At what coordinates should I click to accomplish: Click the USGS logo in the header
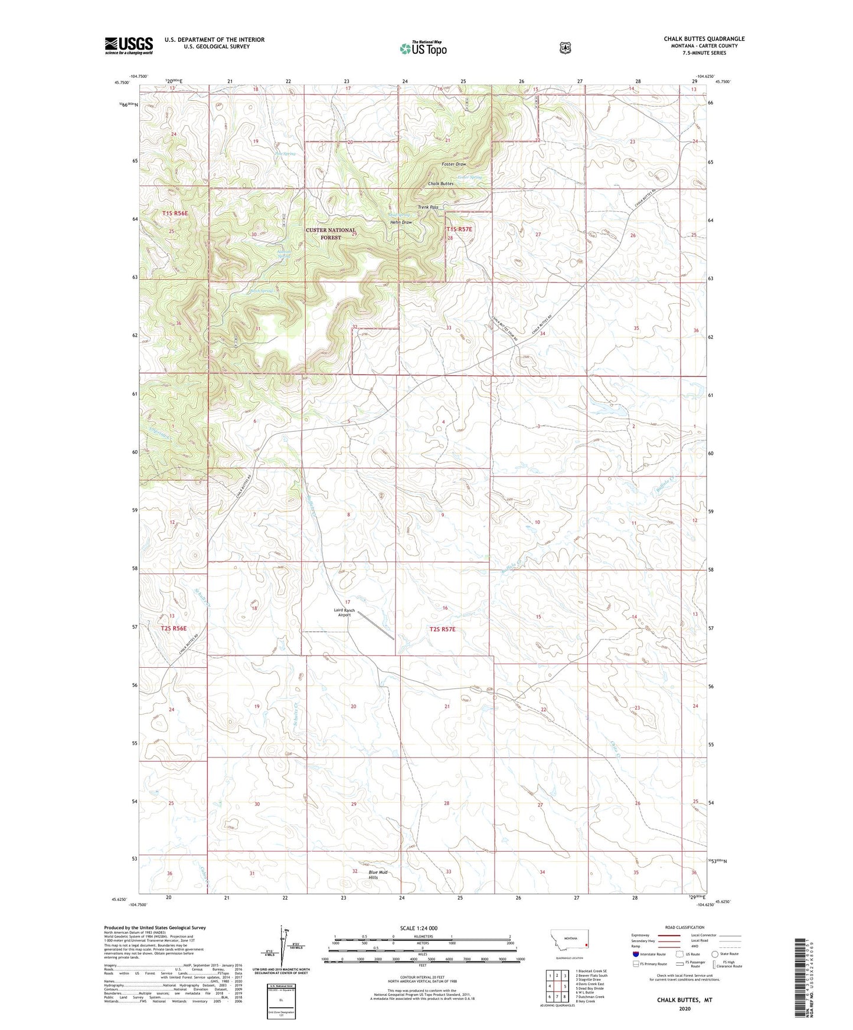tap(129, 45)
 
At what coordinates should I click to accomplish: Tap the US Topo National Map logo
tap(423, 48)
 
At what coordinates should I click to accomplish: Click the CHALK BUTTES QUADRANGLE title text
tap(704, 39)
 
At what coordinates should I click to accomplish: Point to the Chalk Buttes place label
tap(440, 183)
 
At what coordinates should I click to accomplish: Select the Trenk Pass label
tap(428, 207)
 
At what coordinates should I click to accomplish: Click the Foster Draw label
tap(454, 164)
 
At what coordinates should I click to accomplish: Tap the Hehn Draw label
tap(401, 222)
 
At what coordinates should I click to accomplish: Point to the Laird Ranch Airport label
tap(344, 612)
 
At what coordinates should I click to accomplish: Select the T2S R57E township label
tap(442, 629)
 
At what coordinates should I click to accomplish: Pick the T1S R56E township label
tap(175, 213)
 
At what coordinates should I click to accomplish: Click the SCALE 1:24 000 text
tap(419, 928)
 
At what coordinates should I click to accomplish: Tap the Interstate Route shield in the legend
tap(635, 954)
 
